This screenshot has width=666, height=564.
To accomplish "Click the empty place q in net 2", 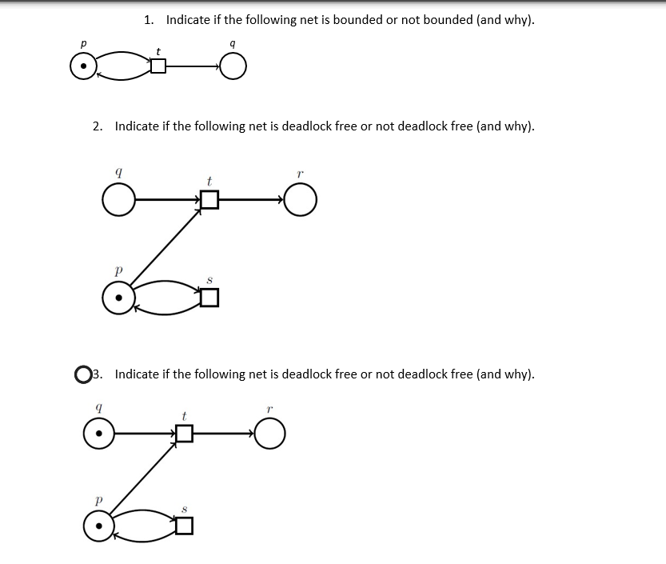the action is tap(118, 200).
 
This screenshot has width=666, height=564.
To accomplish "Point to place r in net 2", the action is tap(300, 200).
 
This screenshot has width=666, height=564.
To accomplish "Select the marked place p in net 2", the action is tap(118, 298).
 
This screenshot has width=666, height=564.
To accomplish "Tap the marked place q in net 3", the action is tap(98, 434).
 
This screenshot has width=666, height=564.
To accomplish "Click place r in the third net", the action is tap(270, 434).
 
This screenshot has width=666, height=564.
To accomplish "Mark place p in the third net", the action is tap(98, 526).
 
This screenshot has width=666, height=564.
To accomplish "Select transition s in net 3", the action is tap(184, 526).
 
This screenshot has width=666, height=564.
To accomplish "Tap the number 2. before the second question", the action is tap(97, 126).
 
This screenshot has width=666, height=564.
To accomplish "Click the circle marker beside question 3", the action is tap(82, 374).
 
